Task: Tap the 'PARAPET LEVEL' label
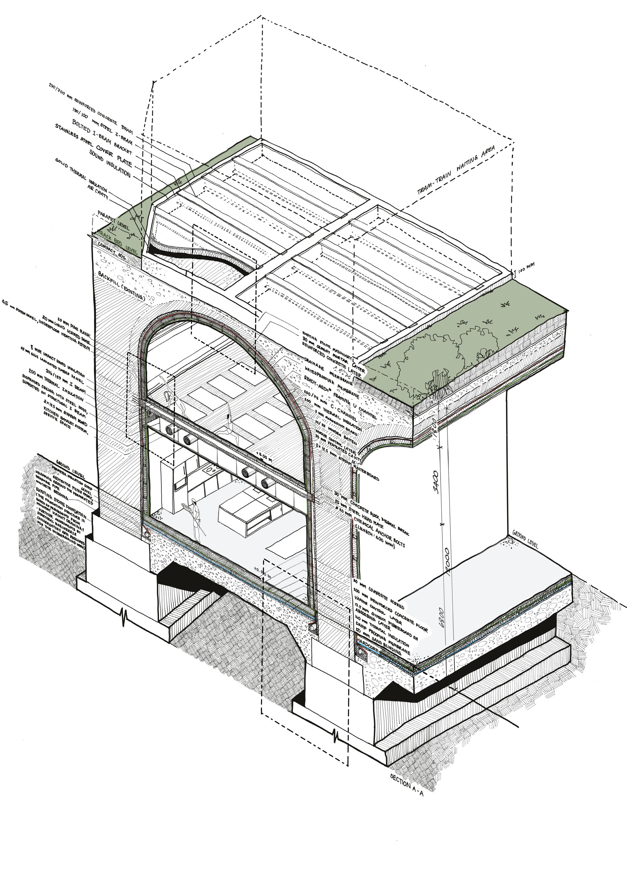pyautogui.click(x=114, y=220)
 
